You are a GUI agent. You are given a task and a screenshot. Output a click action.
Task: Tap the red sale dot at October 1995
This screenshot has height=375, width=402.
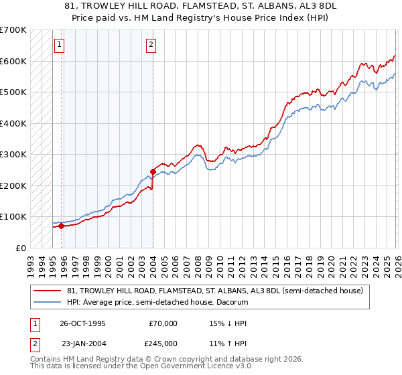click(x=61, y=226)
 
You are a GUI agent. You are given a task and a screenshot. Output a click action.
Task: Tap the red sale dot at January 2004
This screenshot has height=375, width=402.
click(x=153, y=171)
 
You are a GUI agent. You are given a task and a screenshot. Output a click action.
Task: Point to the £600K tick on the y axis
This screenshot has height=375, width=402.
click(x=13, y=61)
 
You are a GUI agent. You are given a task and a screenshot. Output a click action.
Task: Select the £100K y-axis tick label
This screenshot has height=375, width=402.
click(x=13, y=216)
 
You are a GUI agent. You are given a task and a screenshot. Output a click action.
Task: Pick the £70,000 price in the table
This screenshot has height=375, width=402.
click(x=163, y=323)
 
